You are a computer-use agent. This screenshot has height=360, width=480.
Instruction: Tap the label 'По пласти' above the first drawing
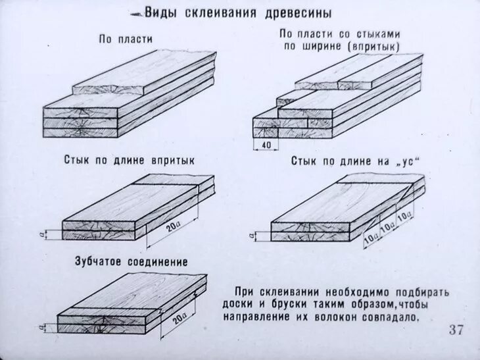coord(126,39)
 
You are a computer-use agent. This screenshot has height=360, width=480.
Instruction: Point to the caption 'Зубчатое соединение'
coord(132,262)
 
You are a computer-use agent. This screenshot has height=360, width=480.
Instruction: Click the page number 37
coord(456,330)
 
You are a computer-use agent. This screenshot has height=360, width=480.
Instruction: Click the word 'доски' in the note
coord(249,305)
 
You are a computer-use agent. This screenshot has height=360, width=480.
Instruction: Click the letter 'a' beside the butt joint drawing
coord(42,233)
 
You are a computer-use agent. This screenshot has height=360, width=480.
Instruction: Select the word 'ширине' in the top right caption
coord(329,46)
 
